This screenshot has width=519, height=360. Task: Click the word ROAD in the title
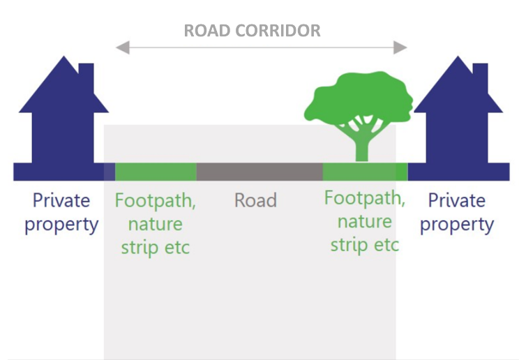[206, 31]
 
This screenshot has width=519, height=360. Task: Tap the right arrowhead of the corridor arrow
[400, 47]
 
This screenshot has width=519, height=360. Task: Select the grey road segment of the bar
[259, 172]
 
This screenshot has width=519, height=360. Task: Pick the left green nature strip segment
[155, 172]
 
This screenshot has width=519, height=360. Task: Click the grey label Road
[255, 201]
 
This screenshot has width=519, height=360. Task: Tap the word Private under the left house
[61, 201]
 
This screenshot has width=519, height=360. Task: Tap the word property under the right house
[457, 225]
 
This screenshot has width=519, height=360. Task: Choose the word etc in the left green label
[175, 248]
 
